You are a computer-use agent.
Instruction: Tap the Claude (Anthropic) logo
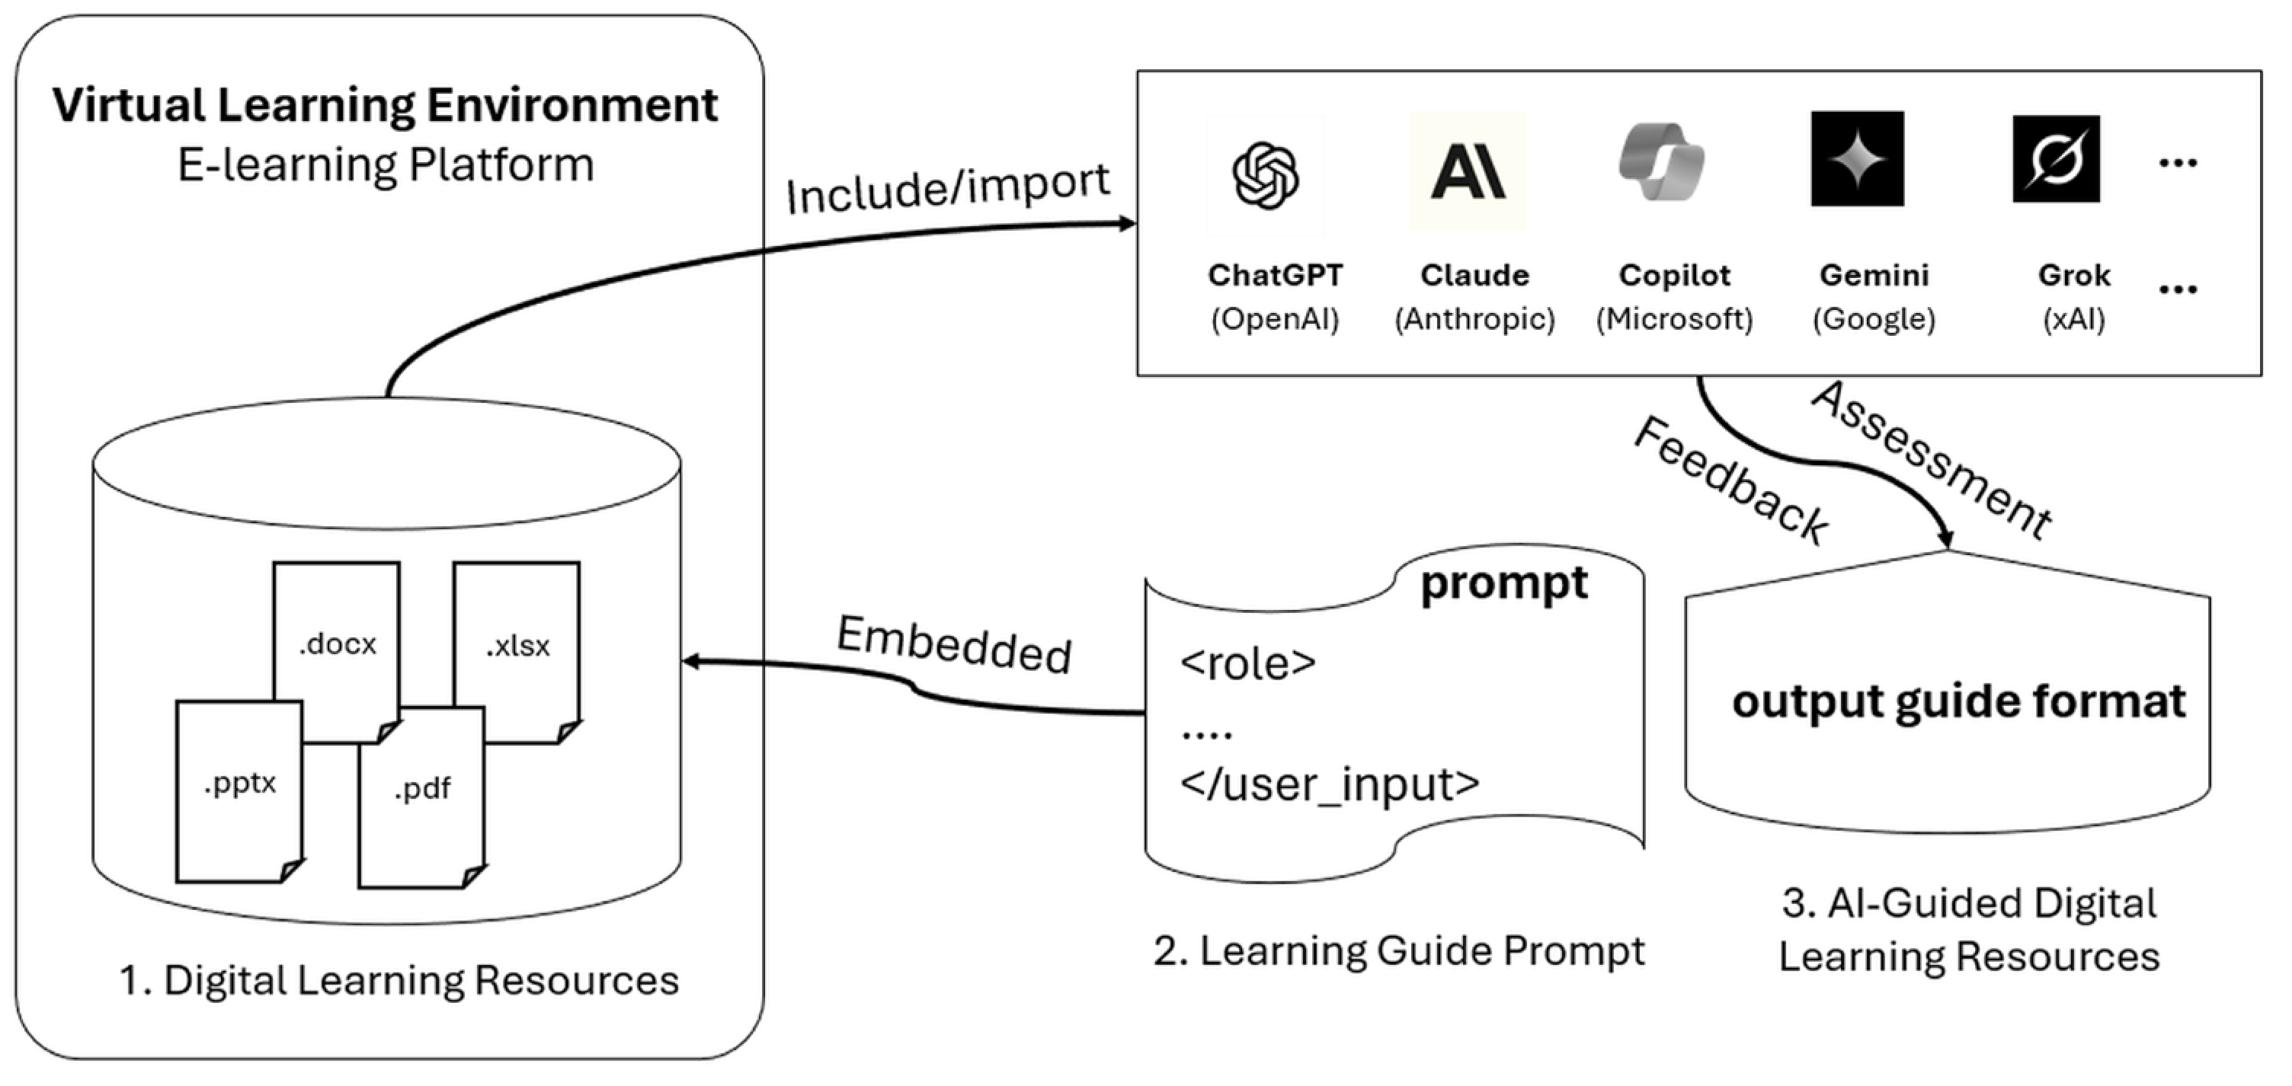[1468, 171]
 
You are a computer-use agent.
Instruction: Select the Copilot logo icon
[1661, 163]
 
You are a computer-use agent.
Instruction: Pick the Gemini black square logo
[1857, 158]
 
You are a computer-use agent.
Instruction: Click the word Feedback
[1730, 481]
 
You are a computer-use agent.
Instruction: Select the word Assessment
[1931, 461]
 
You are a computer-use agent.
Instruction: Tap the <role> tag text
[1247, 663]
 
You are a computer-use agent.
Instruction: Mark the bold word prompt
[1503, 584]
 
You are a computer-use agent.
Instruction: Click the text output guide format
[1957, 701]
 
